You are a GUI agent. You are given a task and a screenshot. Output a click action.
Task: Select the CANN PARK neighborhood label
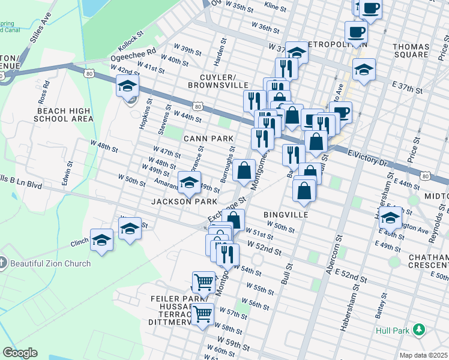208,139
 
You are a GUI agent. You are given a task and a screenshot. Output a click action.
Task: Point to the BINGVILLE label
286,214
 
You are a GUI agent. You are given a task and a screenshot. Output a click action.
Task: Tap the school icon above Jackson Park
189,182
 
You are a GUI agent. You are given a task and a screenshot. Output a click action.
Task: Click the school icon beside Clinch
102,241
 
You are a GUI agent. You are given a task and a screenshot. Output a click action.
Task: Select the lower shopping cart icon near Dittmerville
203,313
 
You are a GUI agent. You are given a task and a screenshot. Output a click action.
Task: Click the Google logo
20,353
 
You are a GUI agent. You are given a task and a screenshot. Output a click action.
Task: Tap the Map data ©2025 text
423,355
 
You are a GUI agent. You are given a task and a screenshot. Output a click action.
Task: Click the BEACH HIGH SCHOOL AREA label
65,115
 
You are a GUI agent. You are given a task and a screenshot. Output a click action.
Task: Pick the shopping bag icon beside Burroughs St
244,170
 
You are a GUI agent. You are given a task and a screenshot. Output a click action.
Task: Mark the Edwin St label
66,172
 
